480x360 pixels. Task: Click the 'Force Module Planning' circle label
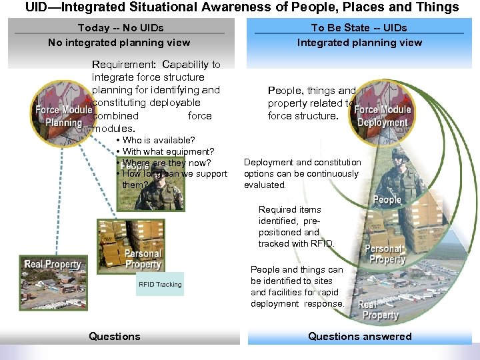[63, 116]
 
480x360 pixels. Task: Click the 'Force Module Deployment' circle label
[382, 116]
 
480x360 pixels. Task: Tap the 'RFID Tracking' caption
[160, 285]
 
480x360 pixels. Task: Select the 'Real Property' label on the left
[53, 265]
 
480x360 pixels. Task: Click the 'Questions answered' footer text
[359, 337]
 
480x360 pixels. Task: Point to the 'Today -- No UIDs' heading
[121, 28]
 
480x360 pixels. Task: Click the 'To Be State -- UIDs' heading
[359, 28]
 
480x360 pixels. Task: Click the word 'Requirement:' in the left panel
[122, 65]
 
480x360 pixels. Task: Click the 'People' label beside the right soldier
[387, 200]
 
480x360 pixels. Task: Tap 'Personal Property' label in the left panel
[143, 259]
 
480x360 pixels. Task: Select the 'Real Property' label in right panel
[379, 310]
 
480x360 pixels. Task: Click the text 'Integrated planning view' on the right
[359, 43]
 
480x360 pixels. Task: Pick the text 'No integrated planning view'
[119, 43]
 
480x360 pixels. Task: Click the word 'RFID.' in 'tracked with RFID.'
[320, 244]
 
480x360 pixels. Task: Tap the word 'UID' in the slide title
[37, 7]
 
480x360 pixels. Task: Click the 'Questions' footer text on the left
[115, 337]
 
